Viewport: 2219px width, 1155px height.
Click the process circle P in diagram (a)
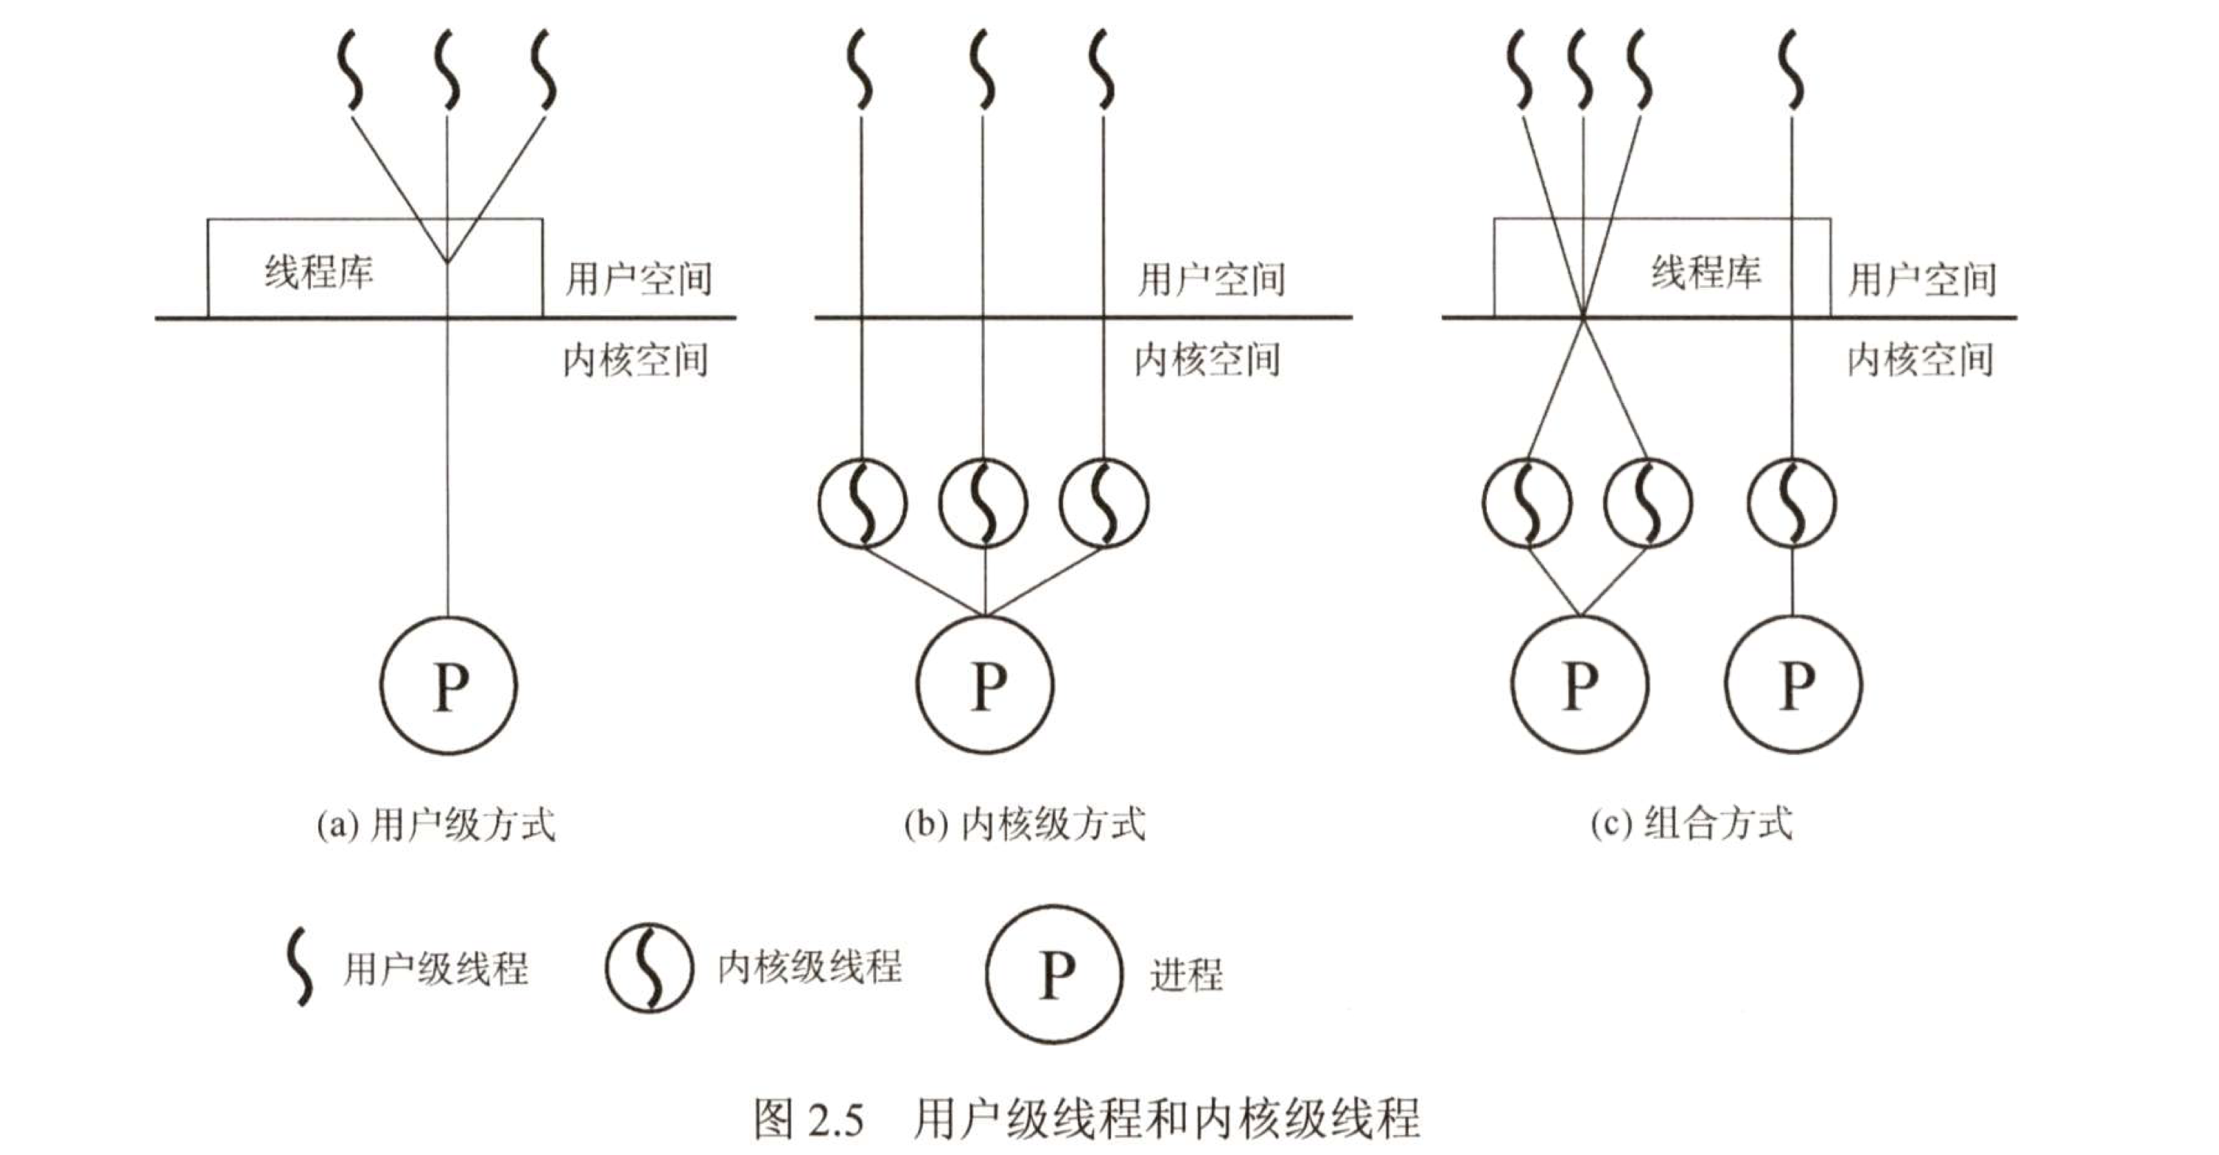pos(448,686)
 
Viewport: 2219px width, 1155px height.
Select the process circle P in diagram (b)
pos(984,686)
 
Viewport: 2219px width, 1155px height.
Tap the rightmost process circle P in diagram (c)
pos(1792,686)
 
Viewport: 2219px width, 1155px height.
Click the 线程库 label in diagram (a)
pos(319,272)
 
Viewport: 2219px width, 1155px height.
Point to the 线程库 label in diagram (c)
pos(1706,272)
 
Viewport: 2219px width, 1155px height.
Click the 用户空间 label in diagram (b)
pos(1211,279)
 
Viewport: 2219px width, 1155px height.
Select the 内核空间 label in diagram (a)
pos(636,360)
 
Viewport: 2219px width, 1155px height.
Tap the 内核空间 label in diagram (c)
pos(1920,360)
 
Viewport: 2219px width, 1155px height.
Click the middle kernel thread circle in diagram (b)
pos(983,503)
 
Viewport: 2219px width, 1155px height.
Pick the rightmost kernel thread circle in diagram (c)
pos(1792,503)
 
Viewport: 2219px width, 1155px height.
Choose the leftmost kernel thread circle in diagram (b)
pos(861,503)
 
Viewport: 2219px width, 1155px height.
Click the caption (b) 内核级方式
pos(1025,825)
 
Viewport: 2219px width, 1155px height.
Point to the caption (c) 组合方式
pos(1692,824)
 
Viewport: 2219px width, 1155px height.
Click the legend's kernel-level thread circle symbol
pos(648,968)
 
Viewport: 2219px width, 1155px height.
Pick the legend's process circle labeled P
pos(1055,974)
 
